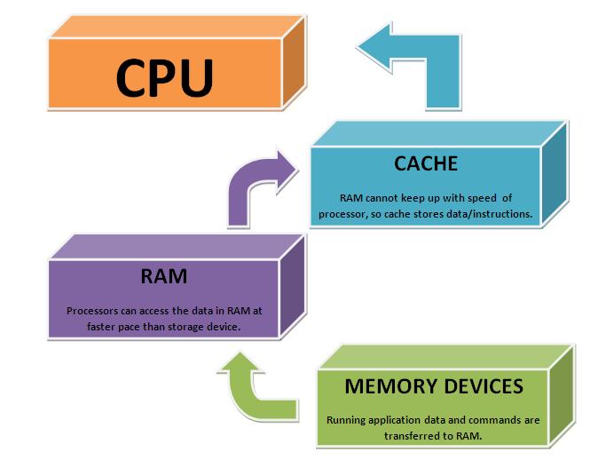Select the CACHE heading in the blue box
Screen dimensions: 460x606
pyautogui.click(x=425, y=163)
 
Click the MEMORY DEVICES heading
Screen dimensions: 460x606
pyautogui.click(x=432, y=387)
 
